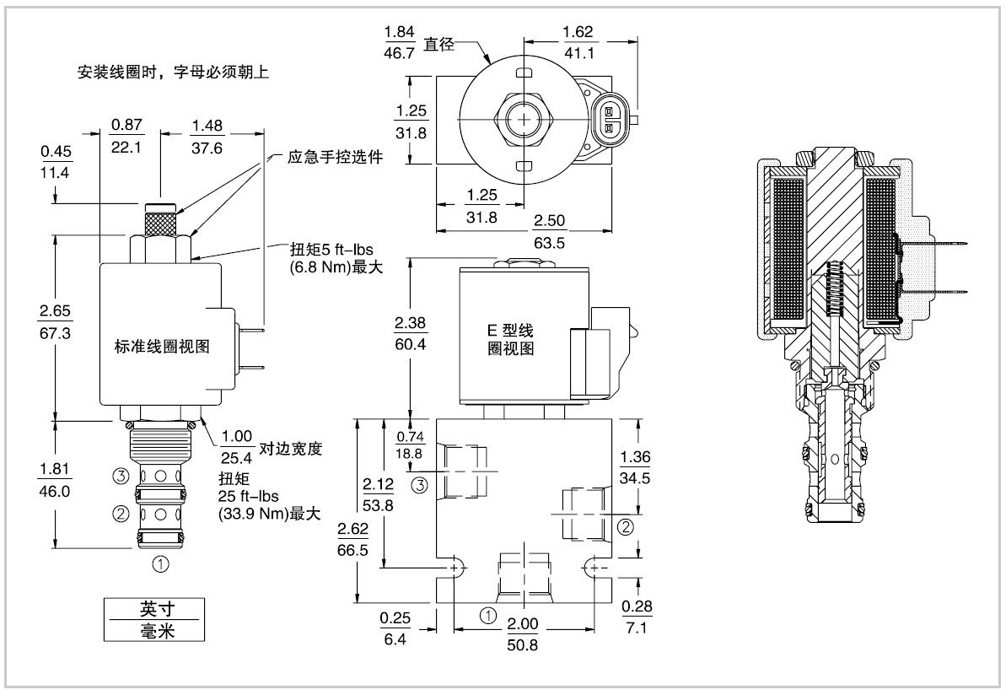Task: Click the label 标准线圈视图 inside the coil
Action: (162, 347)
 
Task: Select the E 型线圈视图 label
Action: (511, 339)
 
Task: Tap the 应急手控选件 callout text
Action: (335, 157)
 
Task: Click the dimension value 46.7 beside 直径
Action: (399, 52)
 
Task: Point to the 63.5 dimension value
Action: (549, 243)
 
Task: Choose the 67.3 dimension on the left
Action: (55, 333)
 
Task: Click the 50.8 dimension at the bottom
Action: (522, 645)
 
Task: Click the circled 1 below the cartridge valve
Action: (160, 564)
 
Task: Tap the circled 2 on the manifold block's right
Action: (625, 527)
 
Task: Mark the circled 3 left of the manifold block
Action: (419, 485)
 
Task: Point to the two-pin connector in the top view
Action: (609, 120)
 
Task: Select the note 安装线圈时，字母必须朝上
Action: (173, 72)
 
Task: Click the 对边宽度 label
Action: (290, 449)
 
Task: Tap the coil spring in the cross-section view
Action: (834, 289)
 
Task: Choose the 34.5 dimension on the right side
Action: (634, 478)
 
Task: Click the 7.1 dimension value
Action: (636, 628)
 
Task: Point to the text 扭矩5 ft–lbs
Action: (331, 249)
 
